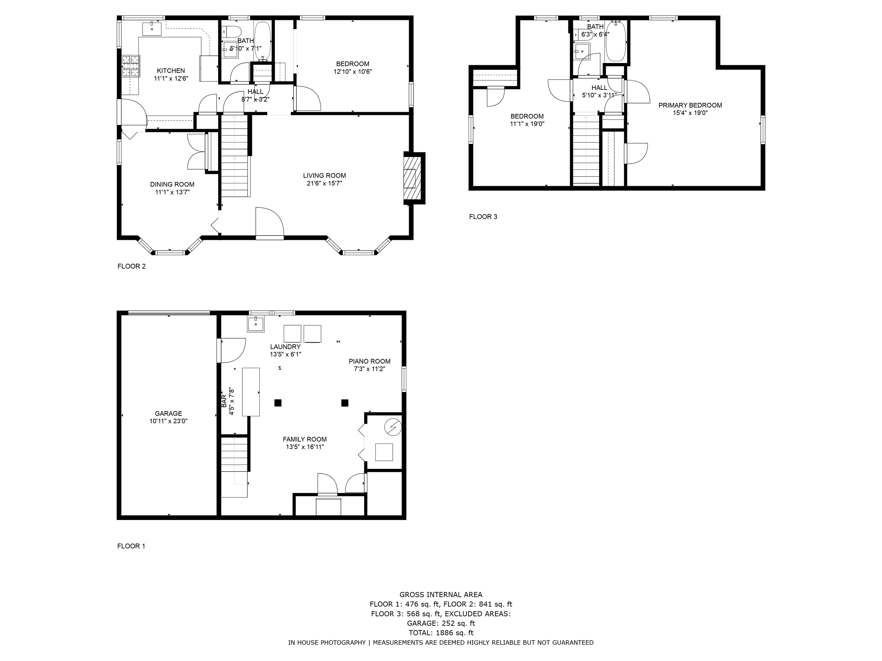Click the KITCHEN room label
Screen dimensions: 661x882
[171, 71]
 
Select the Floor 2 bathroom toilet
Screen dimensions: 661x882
[232, 31]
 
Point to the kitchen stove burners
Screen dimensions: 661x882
[131, 66]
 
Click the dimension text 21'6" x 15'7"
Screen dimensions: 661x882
[324, 183]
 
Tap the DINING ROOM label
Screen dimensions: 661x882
[172, 184]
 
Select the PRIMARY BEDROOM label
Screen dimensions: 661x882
[690, 105]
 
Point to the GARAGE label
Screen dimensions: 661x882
[168, 414]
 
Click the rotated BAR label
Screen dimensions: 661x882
[224, 401]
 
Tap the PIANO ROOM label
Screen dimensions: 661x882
[369, 361]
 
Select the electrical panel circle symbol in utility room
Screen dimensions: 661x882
[392, 427]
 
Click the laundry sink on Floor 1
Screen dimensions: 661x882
[255, 324]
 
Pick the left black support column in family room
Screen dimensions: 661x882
[278, 403]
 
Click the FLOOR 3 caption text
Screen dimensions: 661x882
[483, 217]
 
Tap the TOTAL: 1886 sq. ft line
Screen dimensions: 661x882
[441, 633]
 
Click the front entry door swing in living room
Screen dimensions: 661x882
[269, 223]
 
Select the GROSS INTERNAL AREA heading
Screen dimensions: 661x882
[441, 595]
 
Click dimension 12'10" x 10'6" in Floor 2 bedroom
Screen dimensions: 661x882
[352, 72]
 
